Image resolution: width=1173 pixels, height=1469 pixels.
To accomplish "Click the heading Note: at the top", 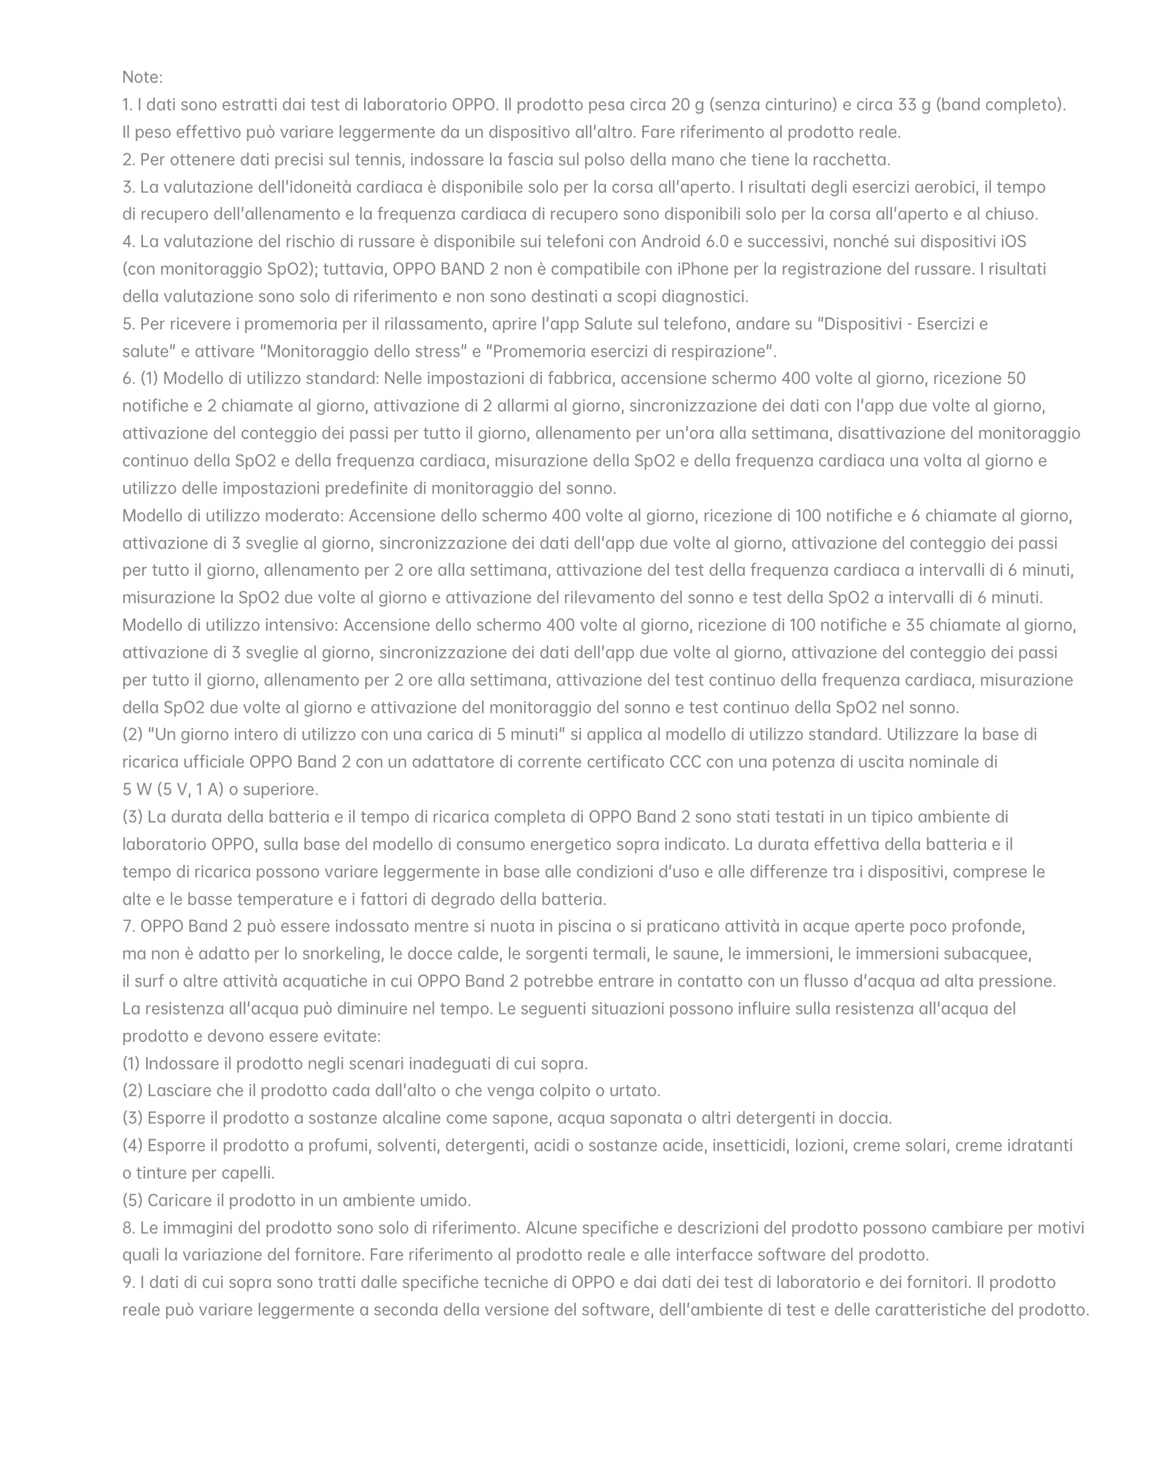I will [x=142, y=77].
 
